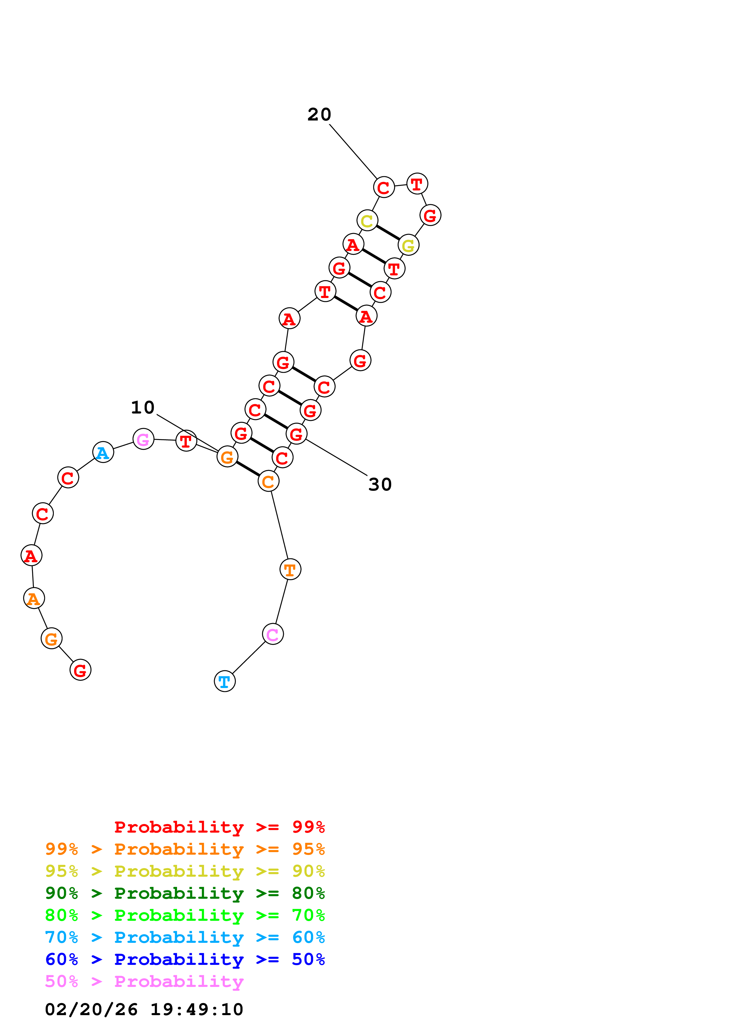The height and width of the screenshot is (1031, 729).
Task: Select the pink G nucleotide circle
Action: [143, 439]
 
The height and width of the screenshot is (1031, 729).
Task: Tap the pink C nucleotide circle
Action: [273, 634]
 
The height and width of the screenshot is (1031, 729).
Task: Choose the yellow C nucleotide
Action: [367, 220]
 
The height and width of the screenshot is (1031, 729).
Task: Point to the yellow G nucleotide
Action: [408, 245]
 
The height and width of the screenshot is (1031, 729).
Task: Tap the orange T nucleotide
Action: [290, 569]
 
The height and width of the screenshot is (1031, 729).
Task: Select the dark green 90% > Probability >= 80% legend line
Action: [185, 893]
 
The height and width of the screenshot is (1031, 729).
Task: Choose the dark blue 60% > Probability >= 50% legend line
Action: [185, 959]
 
